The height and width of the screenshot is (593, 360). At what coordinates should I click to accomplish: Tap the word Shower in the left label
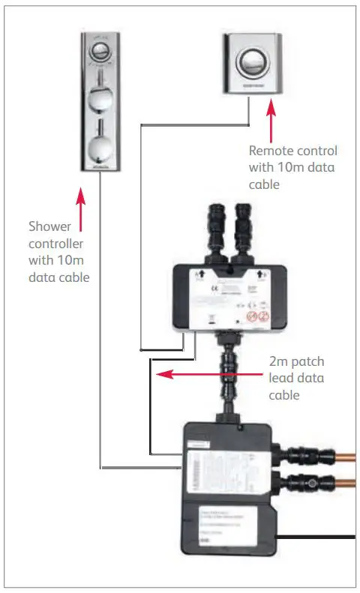49,226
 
